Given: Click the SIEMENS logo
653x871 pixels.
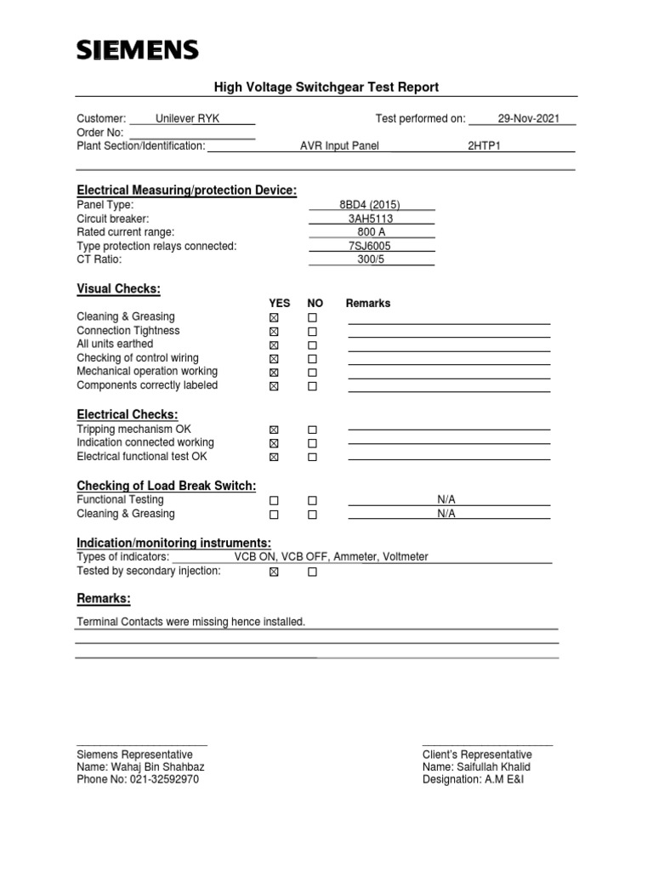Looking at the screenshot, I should tap(138, 51).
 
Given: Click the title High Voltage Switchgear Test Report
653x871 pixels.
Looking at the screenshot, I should tap(326, 87).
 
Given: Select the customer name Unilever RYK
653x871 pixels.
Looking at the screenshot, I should tap(187, 119).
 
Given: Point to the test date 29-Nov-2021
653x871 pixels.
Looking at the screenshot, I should tap(528, 119).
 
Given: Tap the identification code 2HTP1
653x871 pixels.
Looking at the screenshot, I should tap(484, 146).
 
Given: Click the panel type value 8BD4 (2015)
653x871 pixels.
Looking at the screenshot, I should tap(369, 205).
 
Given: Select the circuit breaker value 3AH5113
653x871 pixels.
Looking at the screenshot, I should tap(371, 219).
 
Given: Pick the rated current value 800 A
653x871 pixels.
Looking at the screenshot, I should tap(372, 232).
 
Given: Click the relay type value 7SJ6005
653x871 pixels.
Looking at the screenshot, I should tap(371, 246).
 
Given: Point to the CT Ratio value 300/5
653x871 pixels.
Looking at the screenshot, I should tap(371, 259).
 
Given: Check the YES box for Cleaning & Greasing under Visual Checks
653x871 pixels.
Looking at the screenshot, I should tap(274, 318).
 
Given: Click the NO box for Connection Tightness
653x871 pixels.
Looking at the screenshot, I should tap(312, 332).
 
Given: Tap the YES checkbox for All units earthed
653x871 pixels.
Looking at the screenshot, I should tap(274, 345).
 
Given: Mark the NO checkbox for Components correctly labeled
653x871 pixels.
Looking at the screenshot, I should tap(312, 386).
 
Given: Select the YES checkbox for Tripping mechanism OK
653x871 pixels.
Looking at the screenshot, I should tap(274, 430).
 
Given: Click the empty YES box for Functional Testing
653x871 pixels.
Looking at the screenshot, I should tap(274, 501).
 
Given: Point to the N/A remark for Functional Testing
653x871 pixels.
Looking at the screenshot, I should tap(446, 500).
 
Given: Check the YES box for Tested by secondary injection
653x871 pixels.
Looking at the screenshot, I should tap(274, 572).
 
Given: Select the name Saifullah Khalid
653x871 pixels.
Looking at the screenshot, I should tap(492, 766).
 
